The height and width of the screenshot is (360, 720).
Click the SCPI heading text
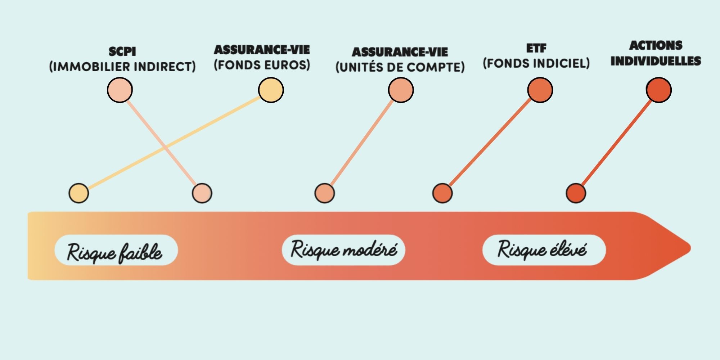pyautogui.click(x=122, y=51)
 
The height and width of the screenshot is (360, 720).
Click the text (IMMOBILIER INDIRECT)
pyautogui.click(x=122, y=67)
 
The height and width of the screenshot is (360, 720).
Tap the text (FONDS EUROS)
pyautogui.click(x=262, y=65)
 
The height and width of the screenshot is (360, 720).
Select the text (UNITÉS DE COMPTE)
pyautogui.click(x=400, y=67)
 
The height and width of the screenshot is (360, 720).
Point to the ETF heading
pyautogui.click(x=536, y=48)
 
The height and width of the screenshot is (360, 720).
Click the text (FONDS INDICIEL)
pyautogui.click(x=536, y=63)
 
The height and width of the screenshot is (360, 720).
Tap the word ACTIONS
pyautogui.click(x=656, y=45)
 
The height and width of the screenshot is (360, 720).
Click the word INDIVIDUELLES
pyautogui.click(x=656, y=61)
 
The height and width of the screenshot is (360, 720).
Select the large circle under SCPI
pyautogui.click(x=120, y=90)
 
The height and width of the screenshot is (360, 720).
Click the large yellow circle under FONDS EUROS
pyautogui.click(x=271, y=90)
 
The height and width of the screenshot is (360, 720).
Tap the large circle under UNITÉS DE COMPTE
pyautogui.click(x=401, y=90)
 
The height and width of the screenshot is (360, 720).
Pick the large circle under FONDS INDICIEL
pyautogui.click(x=540, y=90)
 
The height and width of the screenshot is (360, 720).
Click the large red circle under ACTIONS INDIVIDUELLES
pyautogui.click(x=659, y=90)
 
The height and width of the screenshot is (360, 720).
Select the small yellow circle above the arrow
pyautogui.click(x=79, y=193)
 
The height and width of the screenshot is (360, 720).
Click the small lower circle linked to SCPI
pyautogui.click(x=202, y=193)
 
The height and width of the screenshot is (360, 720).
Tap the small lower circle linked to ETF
pyautogui.click(x=442, y=193)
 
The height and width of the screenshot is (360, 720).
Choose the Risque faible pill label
pyautogui.click(x=116, y=250)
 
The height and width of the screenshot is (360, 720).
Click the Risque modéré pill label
pyautogui.click(x=343, y=250)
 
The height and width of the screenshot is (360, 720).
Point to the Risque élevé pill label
pyautogui.click(x=544, y=250)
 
